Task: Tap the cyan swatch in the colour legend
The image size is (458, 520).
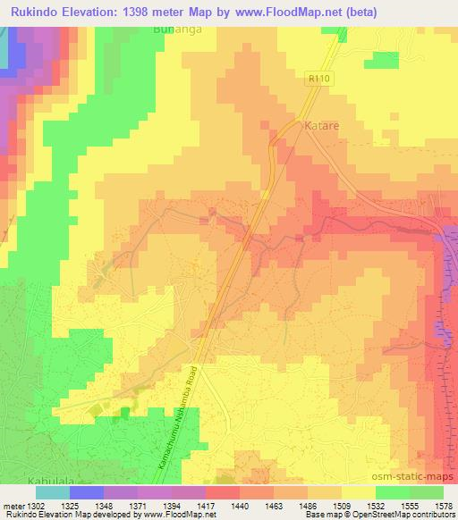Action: (x=53, y=492)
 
